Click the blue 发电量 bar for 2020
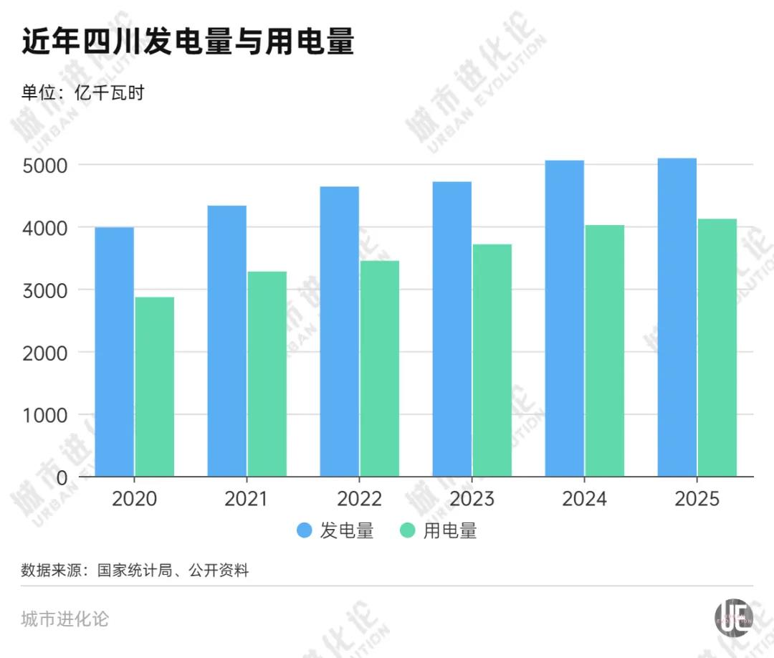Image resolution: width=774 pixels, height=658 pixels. pos(114,351)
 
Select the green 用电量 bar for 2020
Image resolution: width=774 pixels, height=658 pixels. pos(154,387)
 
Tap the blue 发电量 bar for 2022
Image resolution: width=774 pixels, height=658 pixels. pos(339,331)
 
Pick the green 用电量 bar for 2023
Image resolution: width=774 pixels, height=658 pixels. pos(492,360)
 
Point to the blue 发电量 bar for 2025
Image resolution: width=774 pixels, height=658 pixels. pos(677,317)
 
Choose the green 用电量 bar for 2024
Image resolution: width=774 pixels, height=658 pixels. pos(605,351)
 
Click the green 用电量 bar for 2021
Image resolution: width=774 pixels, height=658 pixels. pos(267,373)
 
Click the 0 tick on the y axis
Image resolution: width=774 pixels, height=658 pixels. pos(62,477)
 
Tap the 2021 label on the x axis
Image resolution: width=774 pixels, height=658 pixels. pos(246,499)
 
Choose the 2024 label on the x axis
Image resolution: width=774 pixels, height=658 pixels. pos(584,499)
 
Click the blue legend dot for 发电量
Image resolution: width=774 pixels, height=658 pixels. pos(305,531)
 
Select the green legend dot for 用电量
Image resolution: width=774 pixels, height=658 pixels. pos(408,531)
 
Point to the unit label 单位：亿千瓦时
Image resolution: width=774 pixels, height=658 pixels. pos(82,92)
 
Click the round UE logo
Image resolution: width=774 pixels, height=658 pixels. pos(734,616)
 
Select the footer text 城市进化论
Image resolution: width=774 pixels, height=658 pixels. pos(65,619)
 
